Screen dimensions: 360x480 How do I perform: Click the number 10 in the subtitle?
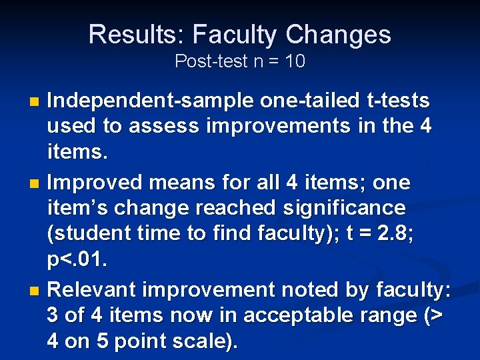tap(294, 62)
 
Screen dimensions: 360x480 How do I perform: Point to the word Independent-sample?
tap(151, 101)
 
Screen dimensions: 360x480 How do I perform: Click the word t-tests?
tap(398, 101)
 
